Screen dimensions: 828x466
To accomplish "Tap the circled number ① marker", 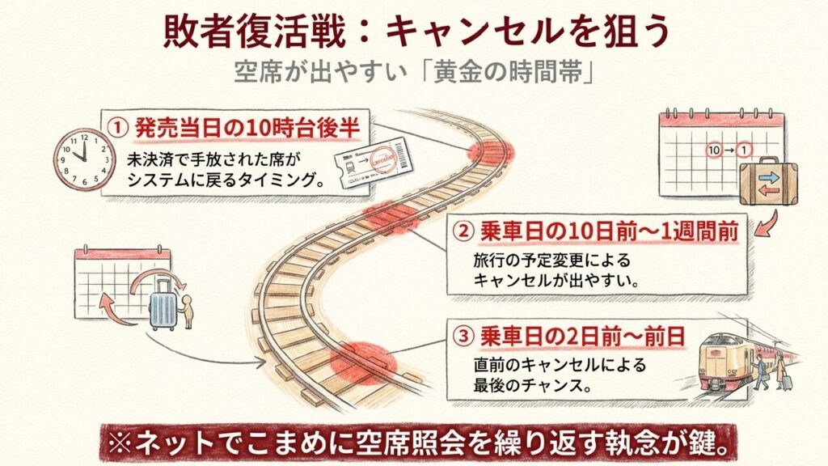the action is click(119, 127).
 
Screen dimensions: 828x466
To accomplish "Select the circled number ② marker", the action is click(463, 232).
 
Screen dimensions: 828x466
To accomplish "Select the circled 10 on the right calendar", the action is click(713, 151).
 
